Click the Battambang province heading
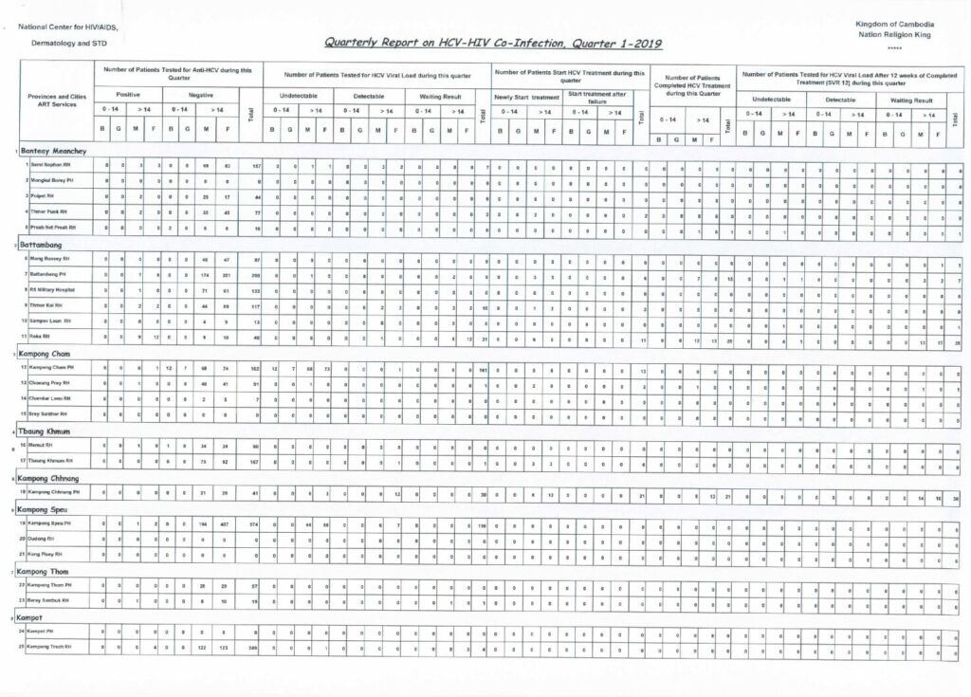pos(41,245)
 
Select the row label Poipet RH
pos(43,195)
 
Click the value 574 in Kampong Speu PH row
pos(253,523)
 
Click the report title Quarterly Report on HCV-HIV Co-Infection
pos(492,43)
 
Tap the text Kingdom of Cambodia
pos(894,22)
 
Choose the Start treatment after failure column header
pos(597,97)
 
